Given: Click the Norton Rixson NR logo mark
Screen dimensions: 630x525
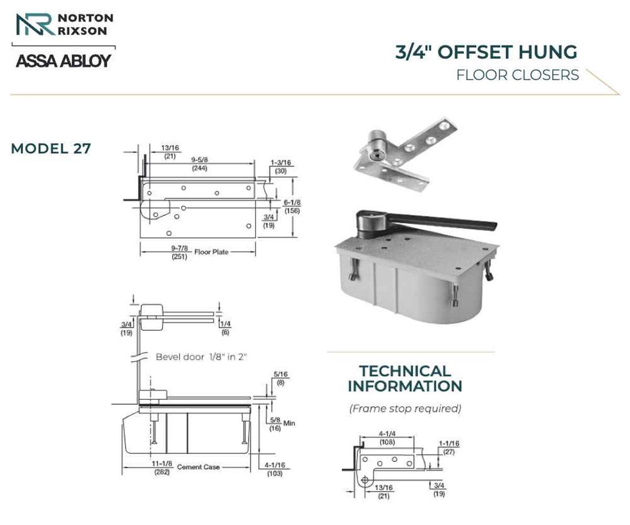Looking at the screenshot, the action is coord(36,25).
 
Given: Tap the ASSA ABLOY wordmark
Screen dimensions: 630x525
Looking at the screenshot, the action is coord(64,61).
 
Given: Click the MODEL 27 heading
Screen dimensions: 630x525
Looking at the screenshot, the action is coord(51,149).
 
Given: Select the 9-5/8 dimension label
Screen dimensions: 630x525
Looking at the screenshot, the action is coord(199,159).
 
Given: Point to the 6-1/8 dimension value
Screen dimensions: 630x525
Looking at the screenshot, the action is coord(292,202).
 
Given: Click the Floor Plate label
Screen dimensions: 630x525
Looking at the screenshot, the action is coord(211,252).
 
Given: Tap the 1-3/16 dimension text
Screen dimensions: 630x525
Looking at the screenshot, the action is coord(280,163).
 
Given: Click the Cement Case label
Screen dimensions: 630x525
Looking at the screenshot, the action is coord(198,467).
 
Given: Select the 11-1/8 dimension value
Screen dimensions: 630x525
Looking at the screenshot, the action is coord(162,464).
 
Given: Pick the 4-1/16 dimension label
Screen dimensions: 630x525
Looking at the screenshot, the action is coord(275,465).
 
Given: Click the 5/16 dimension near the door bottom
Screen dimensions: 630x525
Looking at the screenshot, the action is coord(280,374).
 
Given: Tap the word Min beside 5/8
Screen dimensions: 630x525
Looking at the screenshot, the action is coord(289,423).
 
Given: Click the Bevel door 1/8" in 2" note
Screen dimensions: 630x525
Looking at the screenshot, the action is coord(201,357).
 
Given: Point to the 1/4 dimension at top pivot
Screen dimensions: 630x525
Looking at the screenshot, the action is coord(225,324).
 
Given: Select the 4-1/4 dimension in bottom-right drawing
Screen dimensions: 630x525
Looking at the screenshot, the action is coord(387,434).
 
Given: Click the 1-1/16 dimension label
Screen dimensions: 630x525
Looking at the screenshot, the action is coord(449,443).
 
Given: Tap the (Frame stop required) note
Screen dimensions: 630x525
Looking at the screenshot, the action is coord(405,408).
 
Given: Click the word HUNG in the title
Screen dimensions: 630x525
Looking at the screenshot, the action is coord(548,52).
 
